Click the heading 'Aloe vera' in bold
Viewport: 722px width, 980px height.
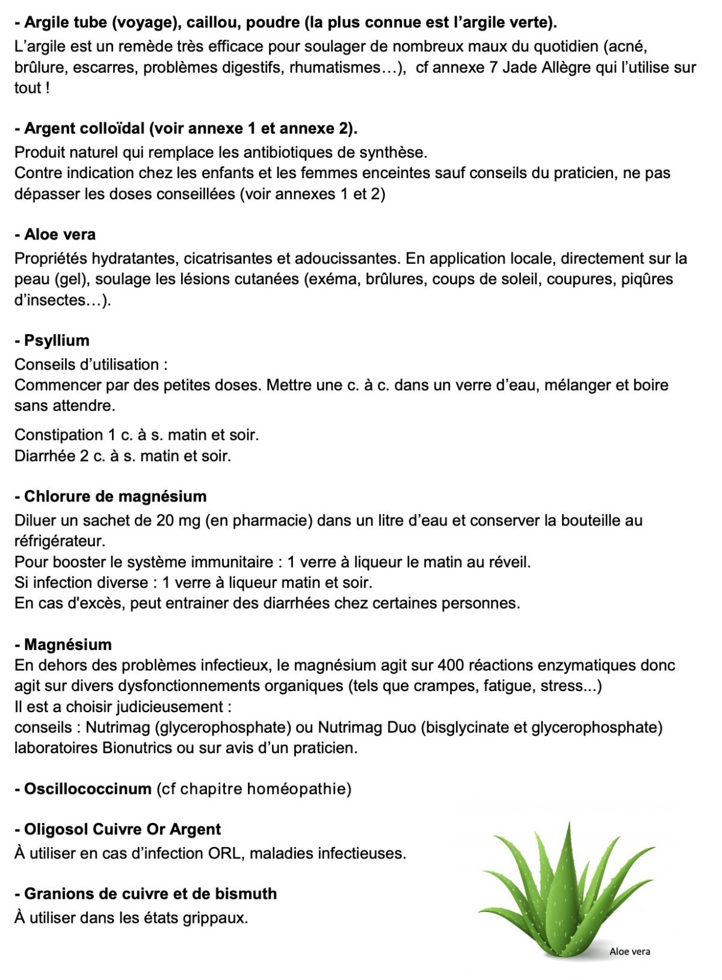click(x=60, y=234)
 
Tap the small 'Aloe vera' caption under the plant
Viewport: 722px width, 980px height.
click(x=629, y=952)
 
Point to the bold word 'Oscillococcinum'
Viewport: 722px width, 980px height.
click(x=88, y=789)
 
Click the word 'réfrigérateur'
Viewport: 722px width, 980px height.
click(x=60, y=541)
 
